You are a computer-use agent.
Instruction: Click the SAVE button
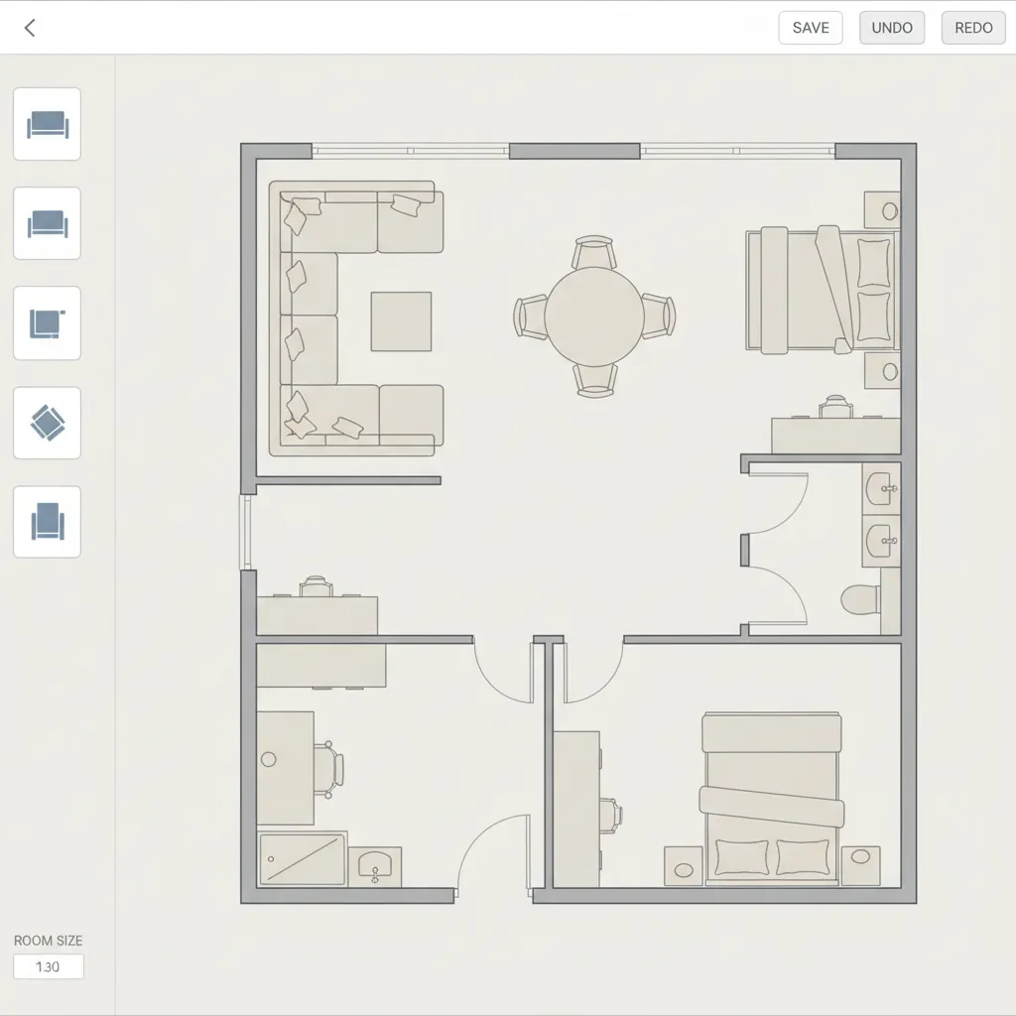point(810,28)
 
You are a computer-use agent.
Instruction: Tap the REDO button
point(973,28)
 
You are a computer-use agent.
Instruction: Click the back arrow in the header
point(29,28)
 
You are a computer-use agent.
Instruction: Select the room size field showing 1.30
point(49,966)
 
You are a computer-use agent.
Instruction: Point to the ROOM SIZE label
point(49,941)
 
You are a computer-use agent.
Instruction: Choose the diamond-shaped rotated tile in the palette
point(48,423)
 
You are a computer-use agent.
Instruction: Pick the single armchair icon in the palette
point(48,522)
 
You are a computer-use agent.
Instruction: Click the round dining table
point(594,317)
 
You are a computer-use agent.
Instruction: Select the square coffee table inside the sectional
point(401,321)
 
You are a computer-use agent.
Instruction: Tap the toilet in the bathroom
point(860,599)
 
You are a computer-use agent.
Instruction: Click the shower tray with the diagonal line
point(302,860)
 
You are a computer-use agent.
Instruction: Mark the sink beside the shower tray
point(374,867)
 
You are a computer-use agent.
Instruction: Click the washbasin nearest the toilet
point(881,541)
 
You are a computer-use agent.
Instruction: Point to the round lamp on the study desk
point(268,759)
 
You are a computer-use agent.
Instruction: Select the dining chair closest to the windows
point(594,252)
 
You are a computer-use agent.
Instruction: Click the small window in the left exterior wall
point(246,533)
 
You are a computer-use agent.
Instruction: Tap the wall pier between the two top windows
point(574,151)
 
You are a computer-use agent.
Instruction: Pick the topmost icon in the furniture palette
point(48,124)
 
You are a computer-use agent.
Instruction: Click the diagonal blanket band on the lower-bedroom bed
point(772,806)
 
